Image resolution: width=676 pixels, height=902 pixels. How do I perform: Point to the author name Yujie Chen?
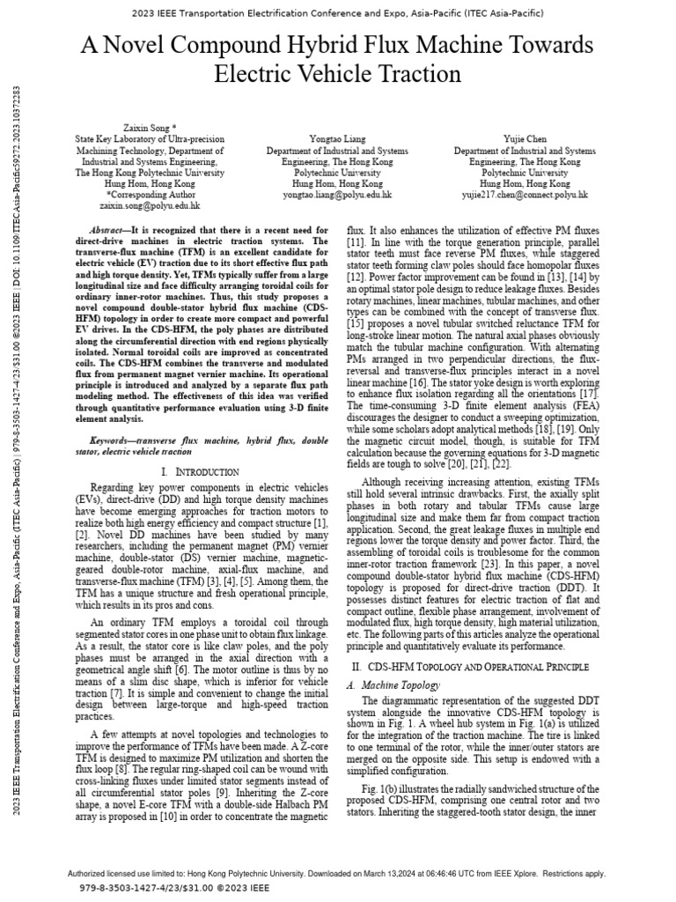[525, 138]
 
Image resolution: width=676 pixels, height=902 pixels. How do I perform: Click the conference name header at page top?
[338, 13]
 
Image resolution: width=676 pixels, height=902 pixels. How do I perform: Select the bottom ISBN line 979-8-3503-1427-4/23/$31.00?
[163, 890]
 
